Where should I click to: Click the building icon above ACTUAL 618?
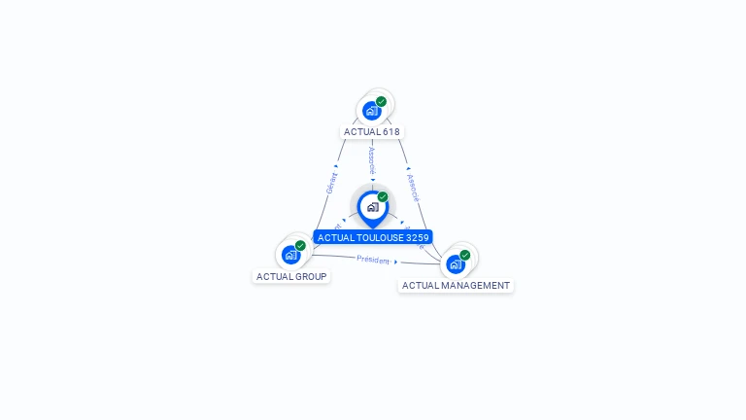[371, 111]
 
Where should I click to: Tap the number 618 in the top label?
[390, 131]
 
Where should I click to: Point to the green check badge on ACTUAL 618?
[381, 101]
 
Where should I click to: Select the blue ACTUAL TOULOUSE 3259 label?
[373, 237]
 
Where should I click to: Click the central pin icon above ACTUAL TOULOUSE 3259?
[372, 207]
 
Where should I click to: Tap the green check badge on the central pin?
[383, 197]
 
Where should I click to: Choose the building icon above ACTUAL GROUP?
[290, 255]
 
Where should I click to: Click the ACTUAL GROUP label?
[291, 276]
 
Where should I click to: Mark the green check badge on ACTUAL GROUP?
[300, 246]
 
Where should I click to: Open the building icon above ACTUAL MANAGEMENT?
[455, 263]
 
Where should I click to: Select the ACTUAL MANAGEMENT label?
[456, 286]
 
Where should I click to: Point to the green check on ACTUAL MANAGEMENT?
[464, 255]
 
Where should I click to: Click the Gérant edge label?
[331, 183]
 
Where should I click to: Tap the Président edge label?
[373, 260]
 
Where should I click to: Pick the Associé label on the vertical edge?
[372, 159]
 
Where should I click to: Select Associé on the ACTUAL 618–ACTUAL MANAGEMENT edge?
[413, 187]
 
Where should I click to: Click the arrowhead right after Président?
[396, 262]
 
